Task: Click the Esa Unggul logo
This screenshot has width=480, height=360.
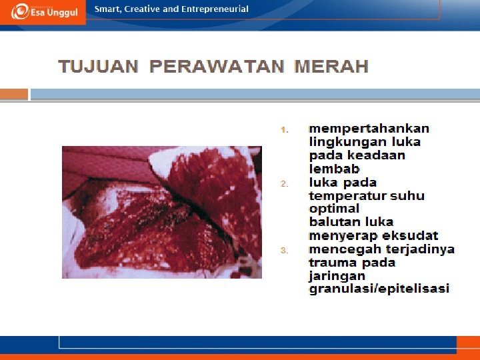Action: tap(43, 11)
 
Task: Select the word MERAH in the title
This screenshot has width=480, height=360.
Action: tap(331, 67)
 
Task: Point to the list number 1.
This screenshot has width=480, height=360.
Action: tap(283, 129)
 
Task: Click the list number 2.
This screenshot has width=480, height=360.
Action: tap(283, 183)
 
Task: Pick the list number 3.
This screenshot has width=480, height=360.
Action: tap(283, 251)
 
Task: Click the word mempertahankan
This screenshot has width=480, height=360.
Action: tap(369, 129)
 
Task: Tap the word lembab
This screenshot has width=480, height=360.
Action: tap(334, 169)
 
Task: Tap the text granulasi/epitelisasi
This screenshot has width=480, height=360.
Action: tap(379, 289)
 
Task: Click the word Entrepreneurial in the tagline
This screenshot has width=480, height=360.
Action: tap(215, 9)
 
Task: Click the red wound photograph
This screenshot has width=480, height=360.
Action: tap(161, 211)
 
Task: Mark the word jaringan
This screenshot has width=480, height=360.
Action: tap(337, 275)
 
